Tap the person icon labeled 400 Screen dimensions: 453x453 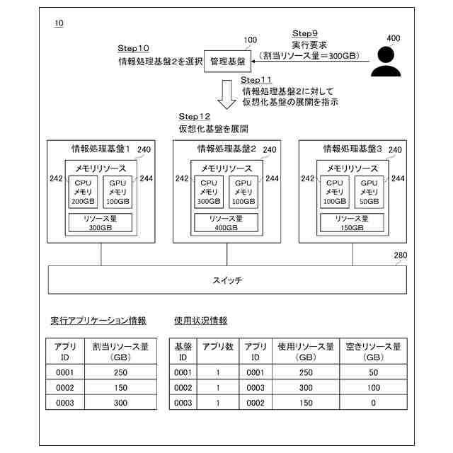[x=387, y=62]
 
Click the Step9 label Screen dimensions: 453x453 [x=305, y=33]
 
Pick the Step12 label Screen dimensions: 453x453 [x=195, y=116]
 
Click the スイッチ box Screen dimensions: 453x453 [x=226, y=280]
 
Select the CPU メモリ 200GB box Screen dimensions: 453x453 [x=83, y=191]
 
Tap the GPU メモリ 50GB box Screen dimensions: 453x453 [x=368, y=191]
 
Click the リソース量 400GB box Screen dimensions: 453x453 [x=226, y=223]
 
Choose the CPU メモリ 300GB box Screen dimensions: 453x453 [x=209, y=191]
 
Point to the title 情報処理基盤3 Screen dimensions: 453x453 [x=352, y=149]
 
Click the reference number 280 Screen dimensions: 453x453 [x=400, y=256]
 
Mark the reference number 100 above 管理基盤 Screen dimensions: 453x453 [x=250, y=40]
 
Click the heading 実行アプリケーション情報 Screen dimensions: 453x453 [x=98, y=321]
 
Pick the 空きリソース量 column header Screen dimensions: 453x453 [x=373, y=352]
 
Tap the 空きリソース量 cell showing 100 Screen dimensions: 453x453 [x=373, y=387]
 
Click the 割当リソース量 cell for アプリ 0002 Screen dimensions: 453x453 [x=120, y=387]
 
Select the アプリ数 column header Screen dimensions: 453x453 [x=218, y=347]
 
